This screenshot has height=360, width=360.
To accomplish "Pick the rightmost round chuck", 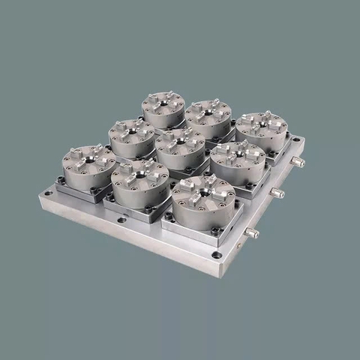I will (x=262, y=132).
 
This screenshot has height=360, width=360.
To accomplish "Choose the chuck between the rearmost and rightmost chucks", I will (x=208, y=119).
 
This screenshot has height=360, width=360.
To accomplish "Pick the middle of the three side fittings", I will (x=277, y=193).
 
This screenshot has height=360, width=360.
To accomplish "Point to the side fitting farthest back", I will (x=298, y=162).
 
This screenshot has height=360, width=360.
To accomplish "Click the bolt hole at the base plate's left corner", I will (x=48, y=193).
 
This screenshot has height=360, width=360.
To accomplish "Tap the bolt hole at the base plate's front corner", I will (x=216, y=255).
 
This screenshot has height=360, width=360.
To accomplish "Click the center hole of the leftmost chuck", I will (x=88, y=159).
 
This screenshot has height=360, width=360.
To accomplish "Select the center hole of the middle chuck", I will (x=180, y=140).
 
